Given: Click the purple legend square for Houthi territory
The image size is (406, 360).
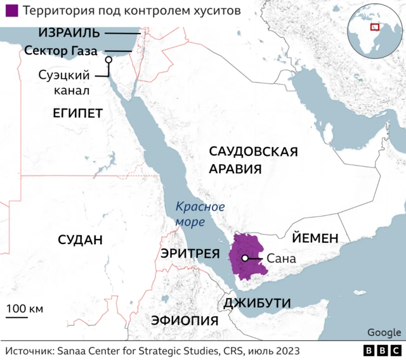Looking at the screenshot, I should pos(10,11).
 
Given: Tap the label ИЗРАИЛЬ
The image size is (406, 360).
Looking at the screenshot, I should pos(69,32).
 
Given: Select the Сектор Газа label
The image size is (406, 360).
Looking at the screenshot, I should pos(61,50).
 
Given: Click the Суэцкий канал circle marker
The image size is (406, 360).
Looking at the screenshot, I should pos(108,60).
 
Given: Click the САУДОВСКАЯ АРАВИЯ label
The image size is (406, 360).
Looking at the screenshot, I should pos(253,160).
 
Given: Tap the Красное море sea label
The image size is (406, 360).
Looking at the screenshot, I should pos(200,214).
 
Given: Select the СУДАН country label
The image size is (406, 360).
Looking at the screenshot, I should pos(79,240).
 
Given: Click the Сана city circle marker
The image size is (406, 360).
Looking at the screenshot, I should pos(244,258).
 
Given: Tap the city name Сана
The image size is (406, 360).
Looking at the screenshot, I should pos(281,259).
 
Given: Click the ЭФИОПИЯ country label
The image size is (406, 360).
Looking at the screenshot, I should pos(185,320).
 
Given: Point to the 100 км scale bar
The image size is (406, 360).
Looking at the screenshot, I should pos(25,315).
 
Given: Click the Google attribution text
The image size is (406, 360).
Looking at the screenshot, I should pos(384,332).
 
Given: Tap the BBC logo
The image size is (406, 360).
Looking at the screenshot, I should pos(382,350).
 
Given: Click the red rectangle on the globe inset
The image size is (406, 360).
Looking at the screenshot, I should pos(375,27).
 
